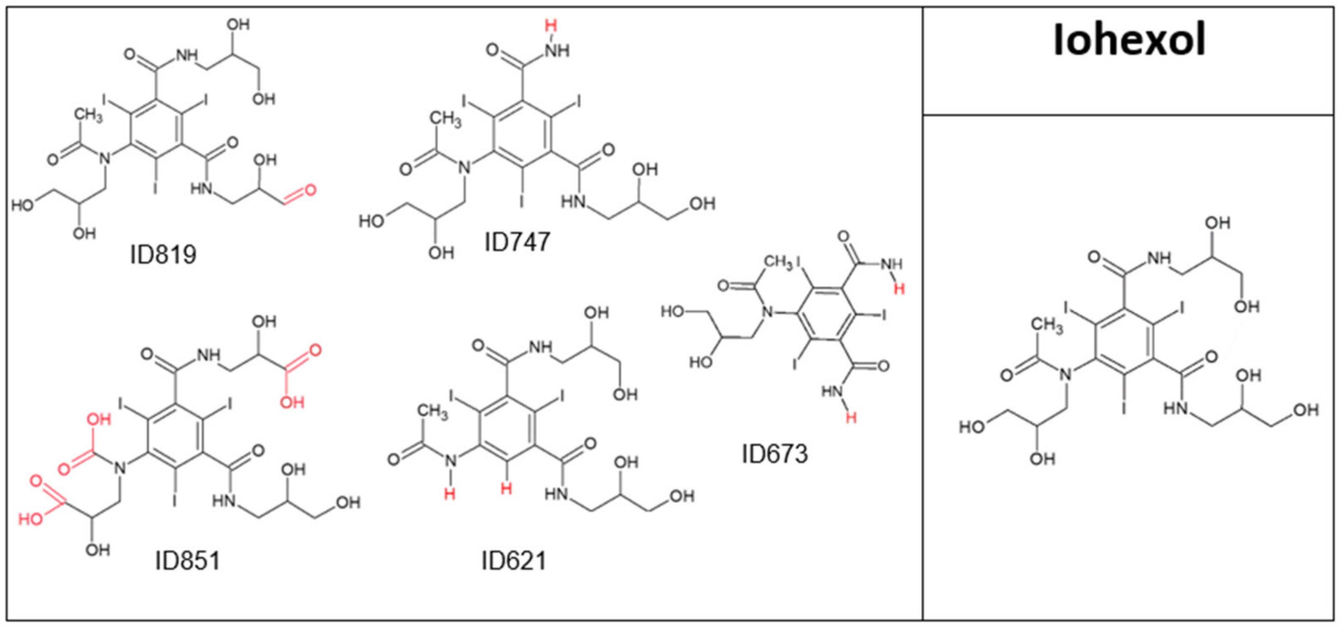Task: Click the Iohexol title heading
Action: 1129,40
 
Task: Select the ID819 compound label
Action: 163,255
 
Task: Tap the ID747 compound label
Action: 517,242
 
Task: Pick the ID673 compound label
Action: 775,454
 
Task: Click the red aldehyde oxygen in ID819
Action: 310,190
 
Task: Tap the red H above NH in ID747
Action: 551,25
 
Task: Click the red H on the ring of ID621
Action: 506,488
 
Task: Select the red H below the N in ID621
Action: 449,493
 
